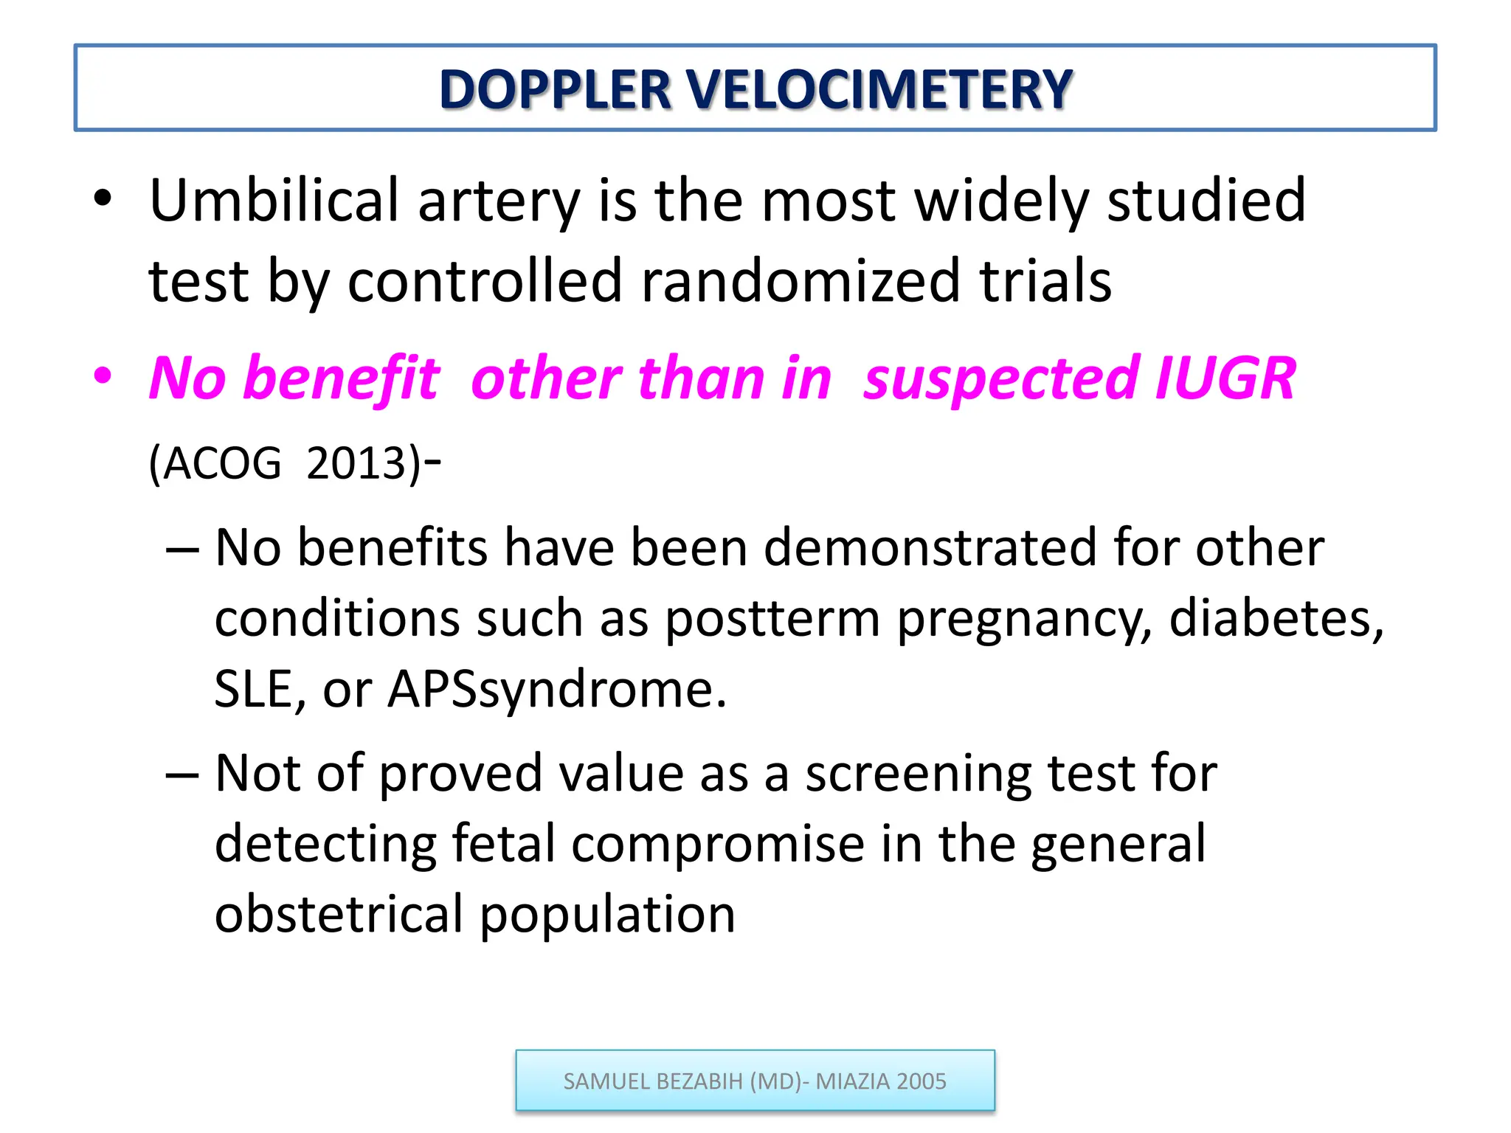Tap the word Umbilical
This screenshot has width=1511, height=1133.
(274, 201)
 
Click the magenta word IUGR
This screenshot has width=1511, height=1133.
(1225, 378)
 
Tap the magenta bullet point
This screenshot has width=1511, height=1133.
(103, 376)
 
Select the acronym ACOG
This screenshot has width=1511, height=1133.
(221, 464)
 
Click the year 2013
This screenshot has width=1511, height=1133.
(357, 464)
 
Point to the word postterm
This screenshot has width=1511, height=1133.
(772, 619)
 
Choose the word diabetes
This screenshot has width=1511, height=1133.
(1276, 617)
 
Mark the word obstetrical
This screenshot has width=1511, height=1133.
(339, 914)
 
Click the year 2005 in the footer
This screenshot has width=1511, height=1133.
(922, 1081)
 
